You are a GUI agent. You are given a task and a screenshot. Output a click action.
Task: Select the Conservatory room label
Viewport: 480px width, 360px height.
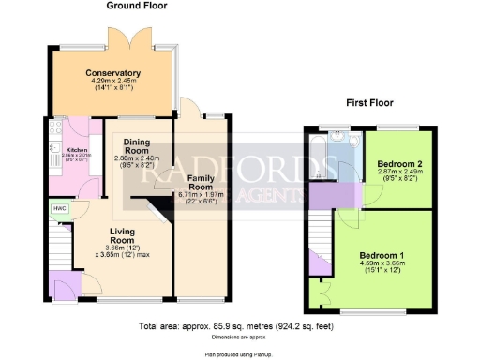pos(112,72)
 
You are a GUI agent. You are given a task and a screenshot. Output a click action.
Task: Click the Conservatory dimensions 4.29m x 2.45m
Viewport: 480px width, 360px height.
pos(112,84)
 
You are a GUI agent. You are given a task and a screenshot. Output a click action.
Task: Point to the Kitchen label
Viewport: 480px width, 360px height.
pos(77,149)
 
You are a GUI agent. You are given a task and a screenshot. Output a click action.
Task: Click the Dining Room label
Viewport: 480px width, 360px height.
pos(137,145)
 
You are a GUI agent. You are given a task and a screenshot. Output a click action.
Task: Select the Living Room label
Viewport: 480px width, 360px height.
pos(123,235)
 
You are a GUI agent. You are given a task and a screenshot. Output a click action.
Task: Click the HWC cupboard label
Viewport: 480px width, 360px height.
pos(59,208)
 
